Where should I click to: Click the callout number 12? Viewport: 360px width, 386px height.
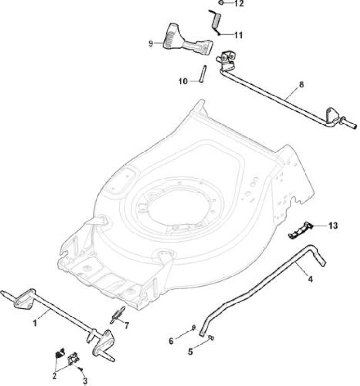238,4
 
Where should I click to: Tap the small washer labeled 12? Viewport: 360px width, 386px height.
221,3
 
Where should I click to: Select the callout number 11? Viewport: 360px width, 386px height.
238,35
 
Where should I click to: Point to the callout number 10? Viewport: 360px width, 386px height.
183,81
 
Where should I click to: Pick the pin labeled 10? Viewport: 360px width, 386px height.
203,74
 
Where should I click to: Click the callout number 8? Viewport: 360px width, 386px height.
301,85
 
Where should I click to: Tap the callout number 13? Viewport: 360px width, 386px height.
332,225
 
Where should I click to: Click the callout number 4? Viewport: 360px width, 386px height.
310,279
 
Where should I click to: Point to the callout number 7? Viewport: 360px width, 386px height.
126,326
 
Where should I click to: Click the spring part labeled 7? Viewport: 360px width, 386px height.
117,316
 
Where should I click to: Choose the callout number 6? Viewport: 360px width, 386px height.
171,341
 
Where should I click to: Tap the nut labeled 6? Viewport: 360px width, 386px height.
194,327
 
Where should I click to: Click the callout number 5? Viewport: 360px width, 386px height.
190,352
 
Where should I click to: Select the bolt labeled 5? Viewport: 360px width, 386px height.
211,338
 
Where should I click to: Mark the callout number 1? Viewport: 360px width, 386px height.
35,323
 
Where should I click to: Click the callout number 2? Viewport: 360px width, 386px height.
55,376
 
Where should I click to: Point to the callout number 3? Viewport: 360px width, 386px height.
85,381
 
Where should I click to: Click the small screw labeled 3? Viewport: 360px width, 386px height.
80,369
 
